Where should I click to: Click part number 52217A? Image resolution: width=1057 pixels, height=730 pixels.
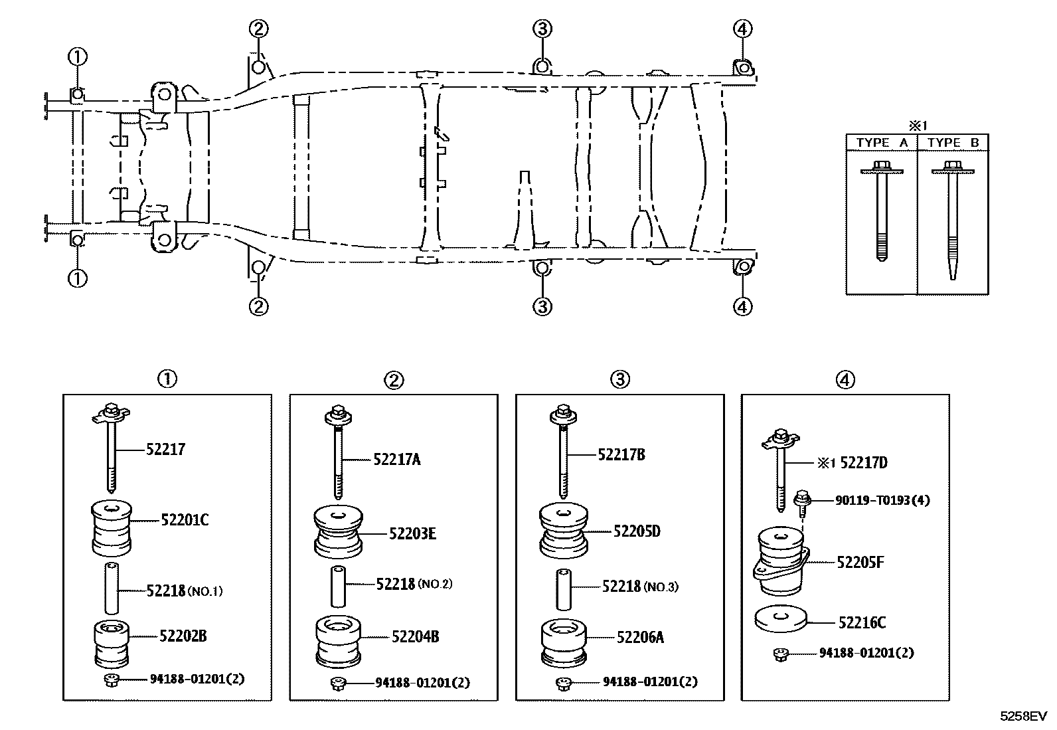tap(396, 460)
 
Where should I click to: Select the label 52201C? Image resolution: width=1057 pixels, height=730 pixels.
tap(184, 520)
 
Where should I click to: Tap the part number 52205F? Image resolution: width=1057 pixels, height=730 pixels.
tap(860, 563)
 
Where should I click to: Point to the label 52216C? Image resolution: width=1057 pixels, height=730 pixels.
tap(862, 622)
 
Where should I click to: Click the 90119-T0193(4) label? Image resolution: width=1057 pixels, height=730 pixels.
tap(882, 500)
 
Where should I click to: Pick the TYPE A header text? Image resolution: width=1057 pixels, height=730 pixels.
tap(881, 143)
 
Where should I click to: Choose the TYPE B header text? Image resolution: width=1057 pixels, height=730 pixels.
tap(953, 143)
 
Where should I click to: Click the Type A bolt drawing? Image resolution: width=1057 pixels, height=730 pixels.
tap(882, 209)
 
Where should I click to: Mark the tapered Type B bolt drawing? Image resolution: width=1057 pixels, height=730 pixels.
tap(953, 219)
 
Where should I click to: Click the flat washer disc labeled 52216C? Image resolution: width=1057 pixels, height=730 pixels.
tap(781, 619)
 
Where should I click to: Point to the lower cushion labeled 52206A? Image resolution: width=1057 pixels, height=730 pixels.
tap(564, 642)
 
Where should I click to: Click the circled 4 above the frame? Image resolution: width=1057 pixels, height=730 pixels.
tap(742, 29)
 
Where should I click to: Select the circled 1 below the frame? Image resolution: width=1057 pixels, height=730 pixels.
tap(77, 278)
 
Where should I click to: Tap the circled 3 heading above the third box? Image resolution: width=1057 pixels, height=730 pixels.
tap(619, 379)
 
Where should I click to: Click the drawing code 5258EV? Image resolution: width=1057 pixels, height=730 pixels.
tap(1023, 716)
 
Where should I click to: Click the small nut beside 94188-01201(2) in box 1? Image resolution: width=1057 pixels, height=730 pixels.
tap(111, 680)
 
